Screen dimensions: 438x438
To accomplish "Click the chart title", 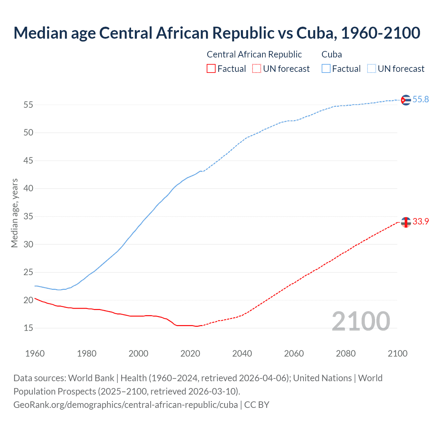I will (217, 33).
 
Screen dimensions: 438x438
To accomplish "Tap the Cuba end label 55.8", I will (421, 99).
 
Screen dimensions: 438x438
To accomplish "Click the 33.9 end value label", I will (421, 221).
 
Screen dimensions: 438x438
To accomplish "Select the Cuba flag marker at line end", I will (406, 100).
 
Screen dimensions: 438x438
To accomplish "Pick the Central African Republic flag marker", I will (406, 222).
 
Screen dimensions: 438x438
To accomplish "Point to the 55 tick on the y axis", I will (28, 105).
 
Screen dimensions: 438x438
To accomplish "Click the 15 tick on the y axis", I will (28, 328).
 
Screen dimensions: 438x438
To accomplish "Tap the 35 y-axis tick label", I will (28, 217).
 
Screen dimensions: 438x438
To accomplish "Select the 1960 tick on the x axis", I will (35, 353).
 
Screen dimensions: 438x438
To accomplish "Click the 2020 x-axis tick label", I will (190, 353).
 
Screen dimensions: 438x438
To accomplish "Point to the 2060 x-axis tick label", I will (294, 353).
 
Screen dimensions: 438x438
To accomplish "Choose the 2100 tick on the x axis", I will (398, 353).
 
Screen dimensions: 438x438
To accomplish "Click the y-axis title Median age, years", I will (14, 213).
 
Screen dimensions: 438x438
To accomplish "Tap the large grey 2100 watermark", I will (361, 321).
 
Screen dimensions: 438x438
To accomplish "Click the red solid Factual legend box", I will (211, 69).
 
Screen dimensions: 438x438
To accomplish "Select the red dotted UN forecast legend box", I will (257, 69).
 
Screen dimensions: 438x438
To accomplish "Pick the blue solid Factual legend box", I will (326, 69).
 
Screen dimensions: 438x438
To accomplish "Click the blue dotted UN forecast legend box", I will (372, 69).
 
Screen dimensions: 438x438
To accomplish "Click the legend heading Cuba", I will (332, 54).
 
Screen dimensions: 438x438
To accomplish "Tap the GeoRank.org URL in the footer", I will (126, 404).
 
